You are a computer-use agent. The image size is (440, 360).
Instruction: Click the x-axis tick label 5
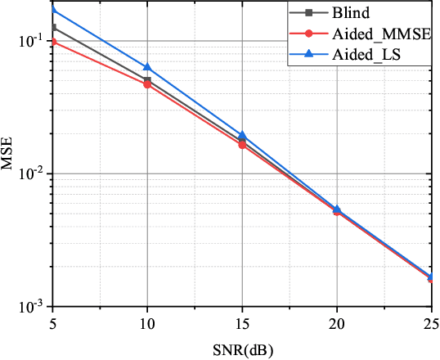[53, 323]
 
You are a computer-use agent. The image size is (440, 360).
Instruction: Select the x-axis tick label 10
[147, 323]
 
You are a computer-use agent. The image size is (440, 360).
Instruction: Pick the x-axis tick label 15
[242, 323]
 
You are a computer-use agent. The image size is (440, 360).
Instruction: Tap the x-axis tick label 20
[336, 323]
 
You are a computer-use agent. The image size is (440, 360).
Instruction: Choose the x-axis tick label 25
[429, 323]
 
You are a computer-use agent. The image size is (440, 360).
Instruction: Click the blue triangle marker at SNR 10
[147, 67]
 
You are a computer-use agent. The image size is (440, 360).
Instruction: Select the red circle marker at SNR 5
[53, 42]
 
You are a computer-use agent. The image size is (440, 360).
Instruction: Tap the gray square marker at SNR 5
[53, 28]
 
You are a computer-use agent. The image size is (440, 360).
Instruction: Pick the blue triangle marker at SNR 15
[242, 135]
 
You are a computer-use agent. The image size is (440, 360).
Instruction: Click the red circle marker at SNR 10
[147, 84]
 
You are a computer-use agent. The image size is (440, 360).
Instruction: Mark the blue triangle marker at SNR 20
[336, 209]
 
